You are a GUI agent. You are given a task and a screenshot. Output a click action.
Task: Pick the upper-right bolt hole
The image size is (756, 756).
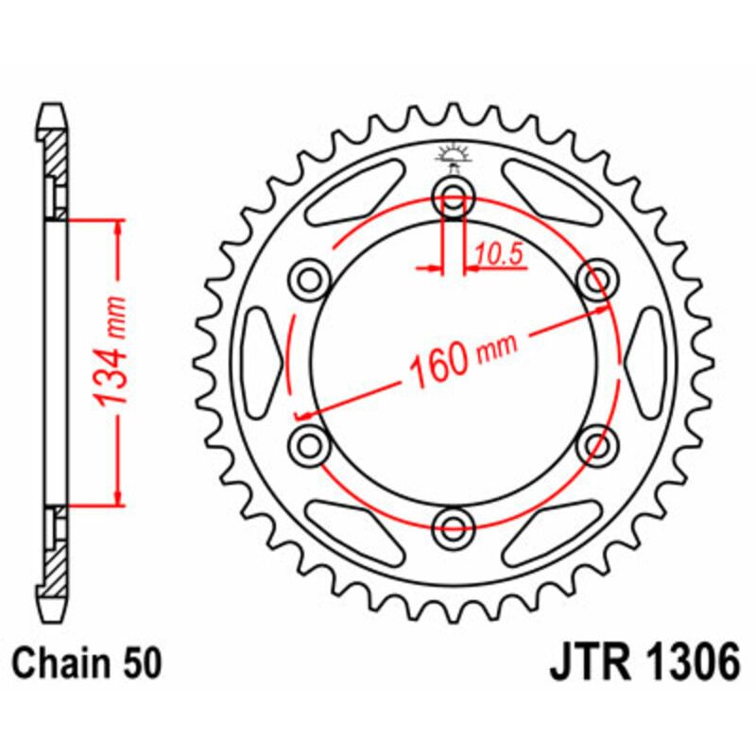(x=596, y=280)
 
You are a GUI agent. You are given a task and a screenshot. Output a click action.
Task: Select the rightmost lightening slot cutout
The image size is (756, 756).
(x=645, y=360)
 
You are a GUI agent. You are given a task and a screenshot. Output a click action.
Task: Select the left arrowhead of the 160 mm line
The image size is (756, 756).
(x=304, y=413)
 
